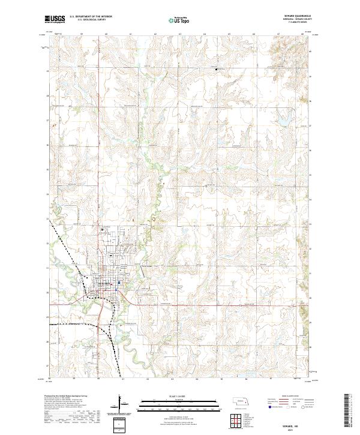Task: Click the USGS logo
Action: [55, 20]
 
